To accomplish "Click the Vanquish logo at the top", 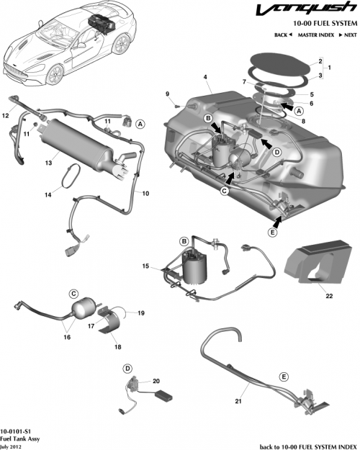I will click(x=311, y=10).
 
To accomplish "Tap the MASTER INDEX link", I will click(x=317, y=35).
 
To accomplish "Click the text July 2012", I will click(x=12, y=444).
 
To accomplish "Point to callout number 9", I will click(x=166, y=94).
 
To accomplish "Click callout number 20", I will click(x=156, y=382).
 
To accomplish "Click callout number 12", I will click(x=5, y=114).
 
